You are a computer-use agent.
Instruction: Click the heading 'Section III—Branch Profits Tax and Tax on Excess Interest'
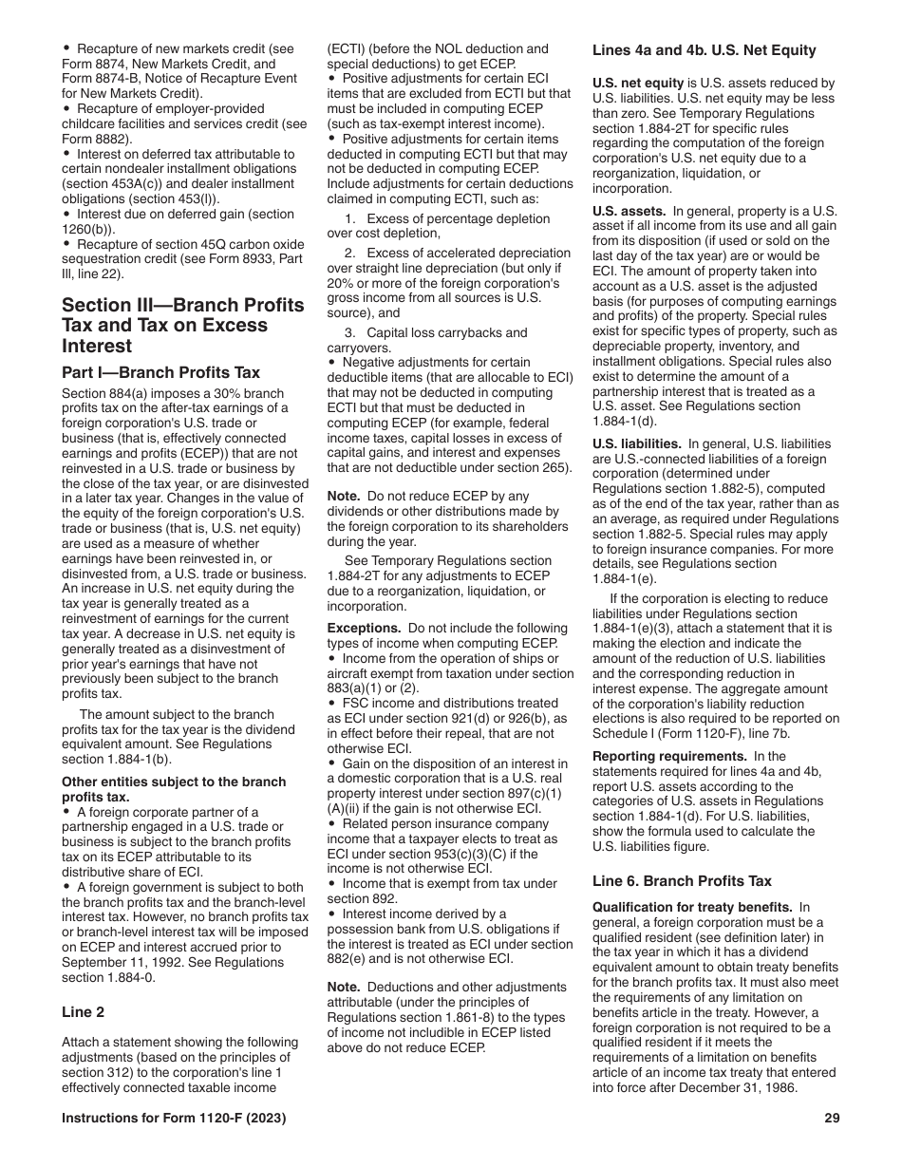coord(182,325)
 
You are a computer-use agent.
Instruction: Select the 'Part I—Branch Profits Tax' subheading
coord(160,372)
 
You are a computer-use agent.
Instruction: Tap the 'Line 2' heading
coord(84,1012)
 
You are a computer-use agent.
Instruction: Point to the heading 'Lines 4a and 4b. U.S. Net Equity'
coord(704,50)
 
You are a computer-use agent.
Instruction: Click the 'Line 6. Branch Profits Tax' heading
coord(682,881)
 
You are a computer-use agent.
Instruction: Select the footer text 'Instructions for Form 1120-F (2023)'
coord(174,1119)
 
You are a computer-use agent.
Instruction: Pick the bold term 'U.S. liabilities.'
coord(636,443)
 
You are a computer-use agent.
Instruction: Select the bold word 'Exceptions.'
coord(364,628)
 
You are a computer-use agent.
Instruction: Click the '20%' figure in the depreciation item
coord(342,283)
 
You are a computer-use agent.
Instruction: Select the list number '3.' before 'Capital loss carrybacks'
coord(350,332)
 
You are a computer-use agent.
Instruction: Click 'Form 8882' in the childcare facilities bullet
coord(92,137)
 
